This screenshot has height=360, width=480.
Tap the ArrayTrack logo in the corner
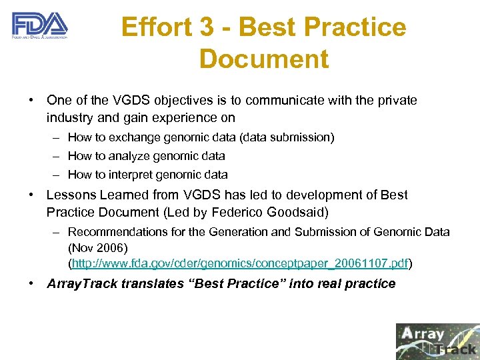[x=437, y=341]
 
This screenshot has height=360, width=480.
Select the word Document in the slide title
[x=263, y=59]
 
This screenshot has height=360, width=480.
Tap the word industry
[x=70, y=118]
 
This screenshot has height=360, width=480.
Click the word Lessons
[x=70, y=195]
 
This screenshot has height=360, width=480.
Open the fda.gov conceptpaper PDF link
[x=240, y=264]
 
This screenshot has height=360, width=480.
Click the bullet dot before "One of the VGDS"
[x=31, y=101]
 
